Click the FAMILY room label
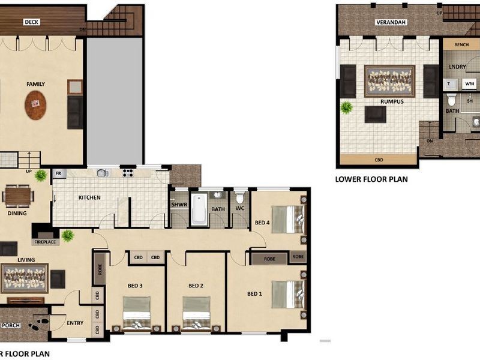[x=35, y=85]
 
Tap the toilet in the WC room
[x=240, y=197]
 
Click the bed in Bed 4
[x=287, y=219]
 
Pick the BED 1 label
[x=255, y=294]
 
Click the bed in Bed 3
[x=137, y=312]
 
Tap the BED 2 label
[x=196, y=286]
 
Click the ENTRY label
[x=75, y=323]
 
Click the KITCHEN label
[x=89, y=197]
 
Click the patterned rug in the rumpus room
[x=389, y=82]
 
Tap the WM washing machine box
[x=469, y=85]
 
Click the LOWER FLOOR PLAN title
[x=371, y=179]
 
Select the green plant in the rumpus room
[x=346, y=107]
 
